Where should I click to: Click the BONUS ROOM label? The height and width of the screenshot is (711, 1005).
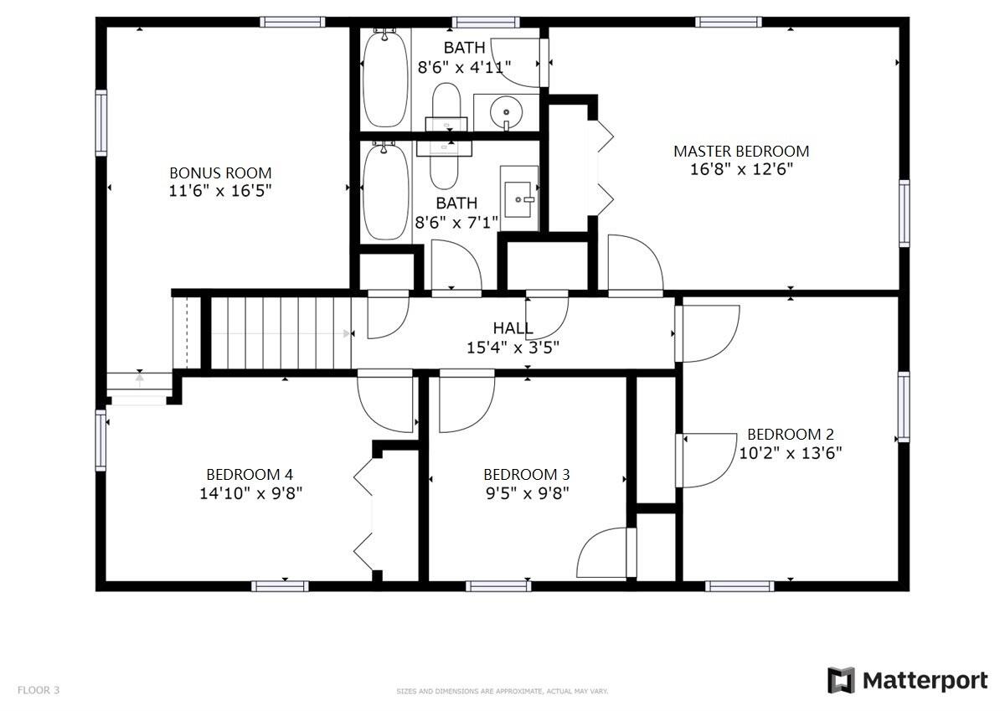220,173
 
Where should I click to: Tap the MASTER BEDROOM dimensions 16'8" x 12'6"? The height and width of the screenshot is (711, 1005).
740,169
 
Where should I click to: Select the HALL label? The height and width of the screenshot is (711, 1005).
513,328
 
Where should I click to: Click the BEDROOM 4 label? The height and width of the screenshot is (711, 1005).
250,475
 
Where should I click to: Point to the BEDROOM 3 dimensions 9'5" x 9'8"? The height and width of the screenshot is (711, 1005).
526,493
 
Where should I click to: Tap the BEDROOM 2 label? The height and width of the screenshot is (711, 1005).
790,435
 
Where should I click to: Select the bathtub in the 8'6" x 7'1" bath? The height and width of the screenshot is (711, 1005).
385,190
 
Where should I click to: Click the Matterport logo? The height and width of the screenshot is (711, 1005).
907,680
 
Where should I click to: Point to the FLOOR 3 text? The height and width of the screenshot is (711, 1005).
39,691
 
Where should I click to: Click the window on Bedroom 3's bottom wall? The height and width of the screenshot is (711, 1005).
498,585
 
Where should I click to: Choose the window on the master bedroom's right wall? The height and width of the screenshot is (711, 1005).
904,213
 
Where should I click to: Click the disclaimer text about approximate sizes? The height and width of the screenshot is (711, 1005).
502,692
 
